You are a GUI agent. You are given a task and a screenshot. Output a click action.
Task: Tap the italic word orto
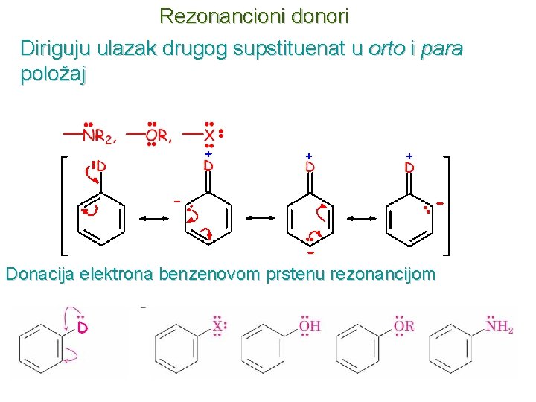point(386,49)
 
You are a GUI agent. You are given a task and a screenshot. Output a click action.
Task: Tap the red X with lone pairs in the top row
point(210,135)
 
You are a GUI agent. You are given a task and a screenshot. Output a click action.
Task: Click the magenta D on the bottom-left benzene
point(83,328)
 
